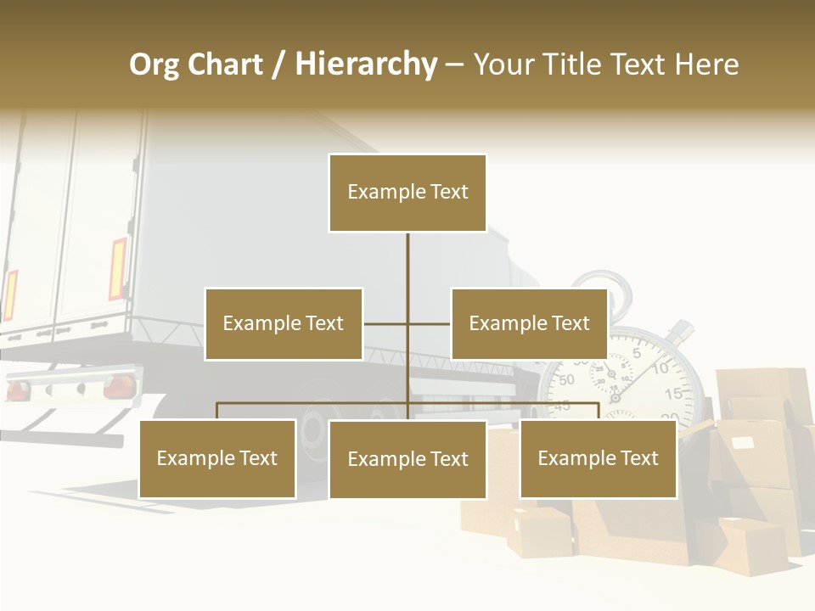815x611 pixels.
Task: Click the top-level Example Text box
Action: click(407, 193)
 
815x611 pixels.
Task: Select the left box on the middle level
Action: click(283, 323)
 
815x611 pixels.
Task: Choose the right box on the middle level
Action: click(529, 323)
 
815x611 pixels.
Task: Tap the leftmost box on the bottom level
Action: click(217, 459)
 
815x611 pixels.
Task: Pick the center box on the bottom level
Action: click(407, 459)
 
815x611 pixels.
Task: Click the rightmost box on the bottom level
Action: click(598, 459)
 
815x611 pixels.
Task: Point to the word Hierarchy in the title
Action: click(366, 64)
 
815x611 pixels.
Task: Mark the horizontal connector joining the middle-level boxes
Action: click(386, 323)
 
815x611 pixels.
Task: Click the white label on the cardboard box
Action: click(744, 442)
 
